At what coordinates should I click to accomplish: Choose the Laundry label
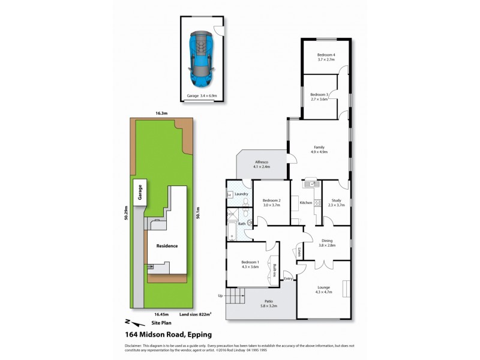click(x=242, y=194)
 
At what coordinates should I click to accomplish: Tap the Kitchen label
click(x=306, y=203)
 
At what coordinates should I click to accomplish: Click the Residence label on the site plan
click(x=167, y=246)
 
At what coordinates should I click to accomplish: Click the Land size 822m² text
click(x=196, y=314)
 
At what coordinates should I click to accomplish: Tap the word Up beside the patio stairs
click(x=220, y=296)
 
